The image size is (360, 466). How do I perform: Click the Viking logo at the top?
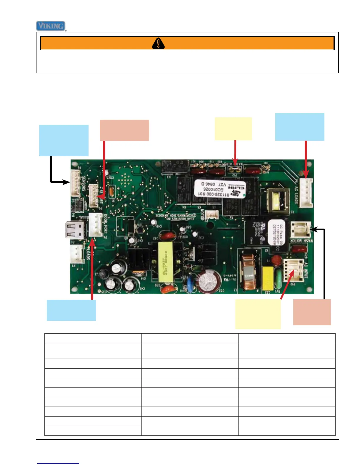point(51,26)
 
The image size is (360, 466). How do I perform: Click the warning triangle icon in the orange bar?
point(158,43)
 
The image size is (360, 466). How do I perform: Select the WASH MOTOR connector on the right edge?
point(300,229)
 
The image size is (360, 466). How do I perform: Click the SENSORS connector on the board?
point(75,183)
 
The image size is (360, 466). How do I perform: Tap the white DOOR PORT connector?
point(96,224)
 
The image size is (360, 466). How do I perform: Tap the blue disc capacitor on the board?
point(191,287)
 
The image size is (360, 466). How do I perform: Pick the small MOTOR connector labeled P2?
point(212,215)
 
